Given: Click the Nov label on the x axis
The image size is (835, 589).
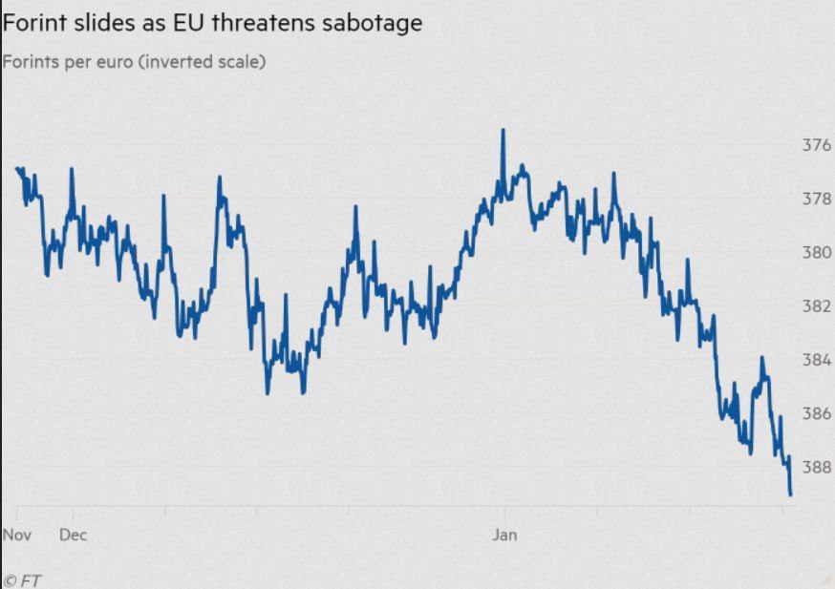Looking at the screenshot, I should tap(17, 535).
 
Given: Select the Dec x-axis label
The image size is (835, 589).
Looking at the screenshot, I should tap(73, 535).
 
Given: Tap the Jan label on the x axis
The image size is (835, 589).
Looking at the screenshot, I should tap(504, 535).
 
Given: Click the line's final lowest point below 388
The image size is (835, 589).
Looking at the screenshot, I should tap(791, 494).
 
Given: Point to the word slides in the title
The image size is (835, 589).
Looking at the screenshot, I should tap(99, 23).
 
